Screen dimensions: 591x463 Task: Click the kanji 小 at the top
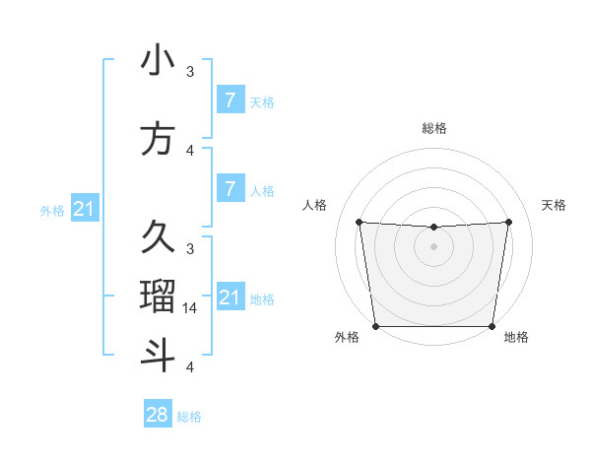tap(158, 60)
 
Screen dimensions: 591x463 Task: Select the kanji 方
tap(158, 138)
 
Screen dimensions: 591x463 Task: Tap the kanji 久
tap(158, 237)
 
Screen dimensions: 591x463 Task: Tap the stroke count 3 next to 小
tap(190, 72)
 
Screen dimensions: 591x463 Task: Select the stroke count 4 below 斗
tap(190, 367)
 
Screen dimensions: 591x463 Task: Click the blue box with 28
tap(158, 415)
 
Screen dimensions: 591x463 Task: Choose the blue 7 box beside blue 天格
tap(230, 99)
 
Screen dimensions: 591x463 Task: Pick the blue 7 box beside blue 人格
tap(230, 188)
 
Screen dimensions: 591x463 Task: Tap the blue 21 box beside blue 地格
tap(230, 297)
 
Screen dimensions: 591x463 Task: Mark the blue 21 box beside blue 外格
tap(84, 208)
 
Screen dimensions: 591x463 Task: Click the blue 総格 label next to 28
tap(189, 417)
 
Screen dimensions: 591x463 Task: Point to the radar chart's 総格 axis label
tap(434, 128)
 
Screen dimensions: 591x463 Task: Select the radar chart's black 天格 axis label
tap(554, 205)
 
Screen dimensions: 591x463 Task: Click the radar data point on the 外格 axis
tap(375, 326)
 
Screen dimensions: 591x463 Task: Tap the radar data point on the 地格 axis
tap(492, 326)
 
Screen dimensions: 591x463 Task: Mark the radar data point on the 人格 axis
tap(359, 222)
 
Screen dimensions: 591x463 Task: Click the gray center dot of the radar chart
tap(434, 246)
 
